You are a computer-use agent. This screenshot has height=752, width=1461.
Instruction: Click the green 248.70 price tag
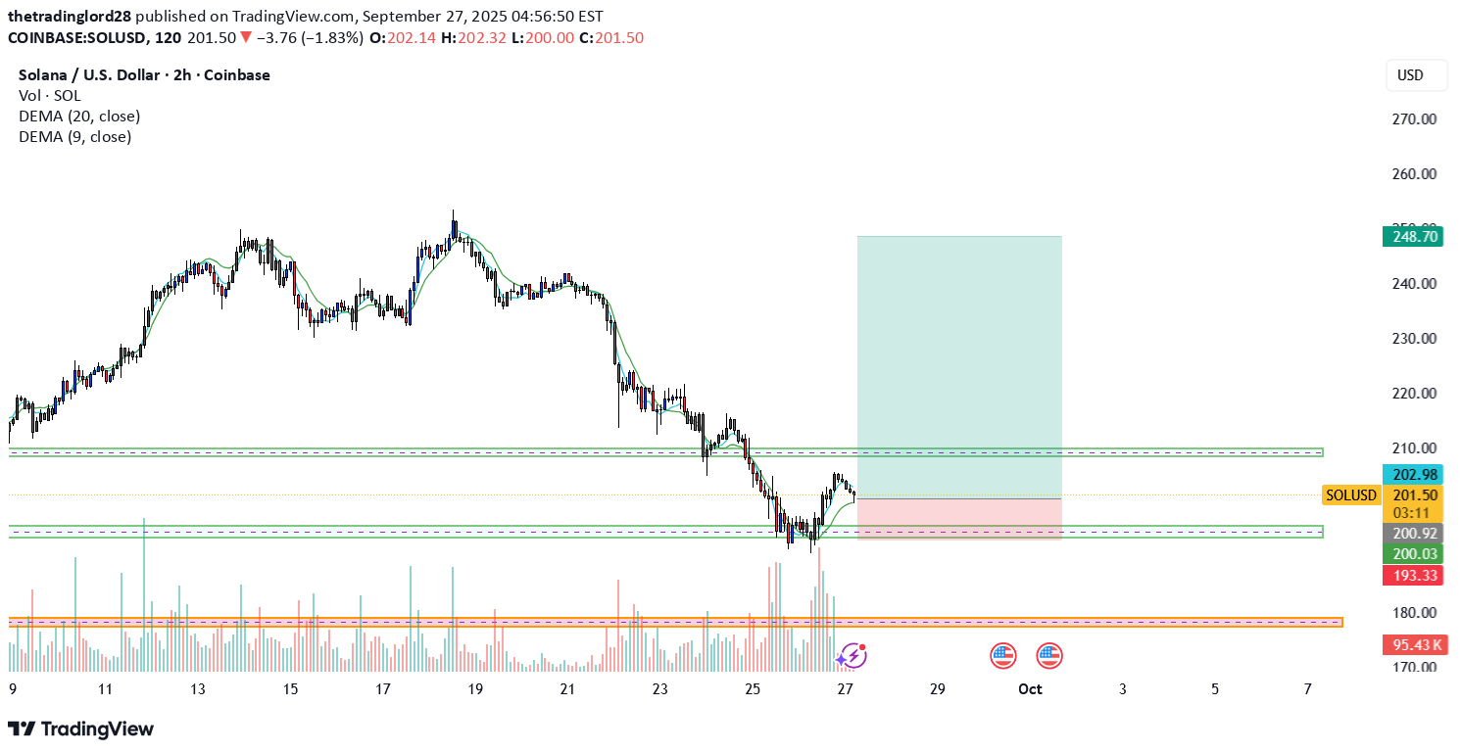pos(1412,236)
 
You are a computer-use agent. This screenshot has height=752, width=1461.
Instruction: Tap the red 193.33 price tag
pos(1412,575)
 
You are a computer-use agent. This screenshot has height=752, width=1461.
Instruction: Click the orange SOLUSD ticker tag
pos(1350,495)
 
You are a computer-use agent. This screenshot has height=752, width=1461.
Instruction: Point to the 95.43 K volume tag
pos(1412,645)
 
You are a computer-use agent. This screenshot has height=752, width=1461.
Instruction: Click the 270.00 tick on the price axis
pos(1414,119)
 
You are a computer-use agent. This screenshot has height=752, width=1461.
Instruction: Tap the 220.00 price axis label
pos(1414,394)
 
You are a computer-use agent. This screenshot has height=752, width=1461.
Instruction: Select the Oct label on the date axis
pos(1030,689)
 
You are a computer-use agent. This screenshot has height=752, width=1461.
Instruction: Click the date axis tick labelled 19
pos(475,689)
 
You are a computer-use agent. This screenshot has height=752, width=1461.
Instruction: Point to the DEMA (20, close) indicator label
pos(79,117)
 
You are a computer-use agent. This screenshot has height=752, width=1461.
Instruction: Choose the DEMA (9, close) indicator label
pos(74,137)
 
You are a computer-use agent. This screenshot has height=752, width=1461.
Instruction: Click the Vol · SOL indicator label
pos(50,96)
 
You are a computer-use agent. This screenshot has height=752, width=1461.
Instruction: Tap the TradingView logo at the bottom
pos(81,729)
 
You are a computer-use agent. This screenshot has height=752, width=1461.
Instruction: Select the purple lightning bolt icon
pos(852,655)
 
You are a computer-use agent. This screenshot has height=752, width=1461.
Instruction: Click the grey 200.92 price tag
pos(1412,534)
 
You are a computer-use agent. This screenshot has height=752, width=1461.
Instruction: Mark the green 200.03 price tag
pos(1412,554)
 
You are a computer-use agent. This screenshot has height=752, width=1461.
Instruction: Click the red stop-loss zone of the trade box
pos(958,519)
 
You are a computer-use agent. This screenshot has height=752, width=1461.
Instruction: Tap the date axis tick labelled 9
pos(13,689)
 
